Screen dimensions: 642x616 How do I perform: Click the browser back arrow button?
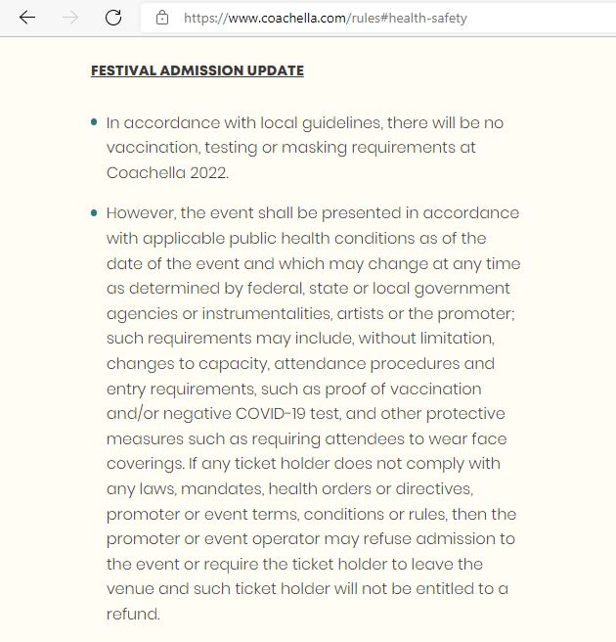point(27,18)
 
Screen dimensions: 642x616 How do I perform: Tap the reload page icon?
point(113,18)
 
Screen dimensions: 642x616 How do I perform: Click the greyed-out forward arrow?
point(70,18)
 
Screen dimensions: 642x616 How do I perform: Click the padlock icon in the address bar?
point(162,18)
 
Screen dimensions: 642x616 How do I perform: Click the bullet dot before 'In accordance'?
point(94,122)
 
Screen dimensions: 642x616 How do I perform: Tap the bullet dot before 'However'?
point(94,212)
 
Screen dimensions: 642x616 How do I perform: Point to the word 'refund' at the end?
point(131,614)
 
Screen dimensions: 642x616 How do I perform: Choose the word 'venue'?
point(130,589)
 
